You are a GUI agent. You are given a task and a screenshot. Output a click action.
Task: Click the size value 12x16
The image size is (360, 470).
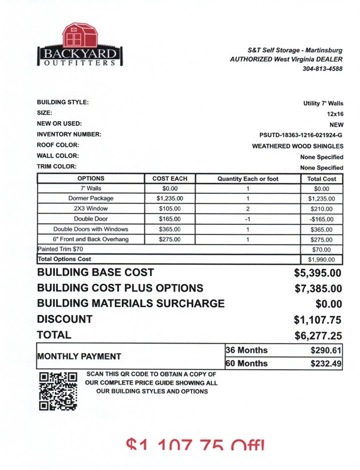point(334,113)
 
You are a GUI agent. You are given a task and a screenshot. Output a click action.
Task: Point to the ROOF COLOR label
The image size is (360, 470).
point(58,145)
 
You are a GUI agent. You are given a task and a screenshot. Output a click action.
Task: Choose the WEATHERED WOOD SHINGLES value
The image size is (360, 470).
point(297,146)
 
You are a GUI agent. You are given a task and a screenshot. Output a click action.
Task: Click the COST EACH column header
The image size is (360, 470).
point(170,178)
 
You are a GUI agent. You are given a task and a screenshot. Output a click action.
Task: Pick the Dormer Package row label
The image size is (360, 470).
point(91,198)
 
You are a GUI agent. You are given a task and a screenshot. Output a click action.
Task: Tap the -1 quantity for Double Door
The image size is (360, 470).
point(247,219)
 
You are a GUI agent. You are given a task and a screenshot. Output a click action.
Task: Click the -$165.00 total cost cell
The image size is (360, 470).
point(322,219)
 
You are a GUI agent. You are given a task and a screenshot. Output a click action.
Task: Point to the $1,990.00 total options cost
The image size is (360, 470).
point(322,259)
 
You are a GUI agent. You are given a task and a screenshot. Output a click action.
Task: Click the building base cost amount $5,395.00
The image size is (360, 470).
point(318,273)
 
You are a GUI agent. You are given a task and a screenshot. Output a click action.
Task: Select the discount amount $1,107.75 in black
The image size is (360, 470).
point(318,320)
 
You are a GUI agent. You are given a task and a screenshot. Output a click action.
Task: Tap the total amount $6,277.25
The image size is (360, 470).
point(318,336)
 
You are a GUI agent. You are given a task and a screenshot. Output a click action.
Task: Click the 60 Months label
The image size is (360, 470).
point(246,363)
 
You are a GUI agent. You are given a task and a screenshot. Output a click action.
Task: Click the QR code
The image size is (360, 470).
point(57,391)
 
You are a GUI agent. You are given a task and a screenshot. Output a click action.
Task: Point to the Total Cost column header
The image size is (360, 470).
point(322,178)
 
